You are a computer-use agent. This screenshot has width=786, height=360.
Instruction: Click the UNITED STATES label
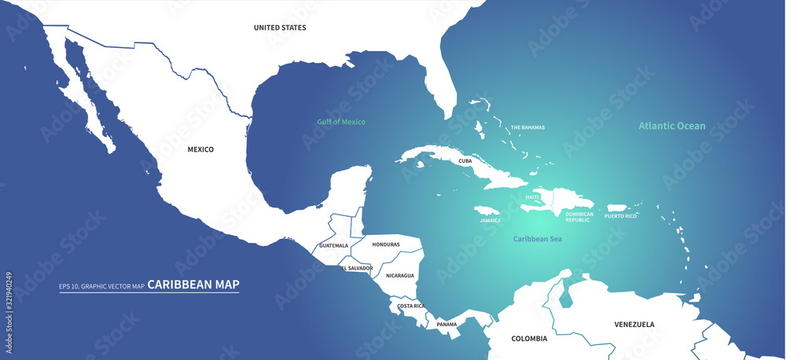[x=280, y=28]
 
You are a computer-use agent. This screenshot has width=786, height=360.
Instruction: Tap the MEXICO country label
[x=200, y=149]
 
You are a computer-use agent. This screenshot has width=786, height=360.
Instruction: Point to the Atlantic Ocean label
[x=671, y=126]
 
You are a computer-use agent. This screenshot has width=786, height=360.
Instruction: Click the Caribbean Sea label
[x=537, y=238]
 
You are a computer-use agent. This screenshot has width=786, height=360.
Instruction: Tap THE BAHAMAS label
[x=527, y=127]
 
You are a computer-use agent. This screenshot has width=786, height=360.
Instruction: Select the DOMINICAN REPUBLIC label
[x=578, y=217]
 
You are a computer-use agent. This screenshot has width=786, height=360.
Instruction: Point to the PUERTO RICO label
[x=621, y=215]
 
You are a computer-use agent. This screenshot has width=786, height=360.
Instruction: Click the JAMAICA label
[x=490, y=221]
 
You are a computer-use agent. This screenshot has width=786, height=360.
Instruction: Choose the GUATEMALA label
[x=333, y=245]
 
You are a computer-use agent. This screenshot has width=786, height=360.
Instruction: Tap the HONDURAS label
[x=386, y=244]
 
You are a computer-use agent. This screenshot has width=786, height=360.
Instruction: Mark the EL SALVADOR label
[x=357, y=268]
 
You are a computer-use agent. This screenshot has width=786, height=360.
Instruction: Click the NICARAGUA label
[x=400, y=275]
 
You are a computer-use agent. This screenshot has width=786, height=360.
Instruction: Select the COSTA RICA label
[x=411, y=306]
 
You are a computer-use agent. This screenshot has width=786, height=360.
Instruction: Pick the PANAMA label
[x=446, y=324]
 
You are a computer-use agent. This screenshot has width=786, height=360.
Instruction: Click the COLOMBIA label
[x=529, y=339]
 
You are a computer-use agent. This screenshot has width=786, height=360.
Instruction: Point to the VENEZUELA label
[x=634, y=324]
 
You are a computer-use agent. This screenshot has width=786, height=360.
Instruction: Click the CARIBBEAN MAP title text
[x=193, y=285]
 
